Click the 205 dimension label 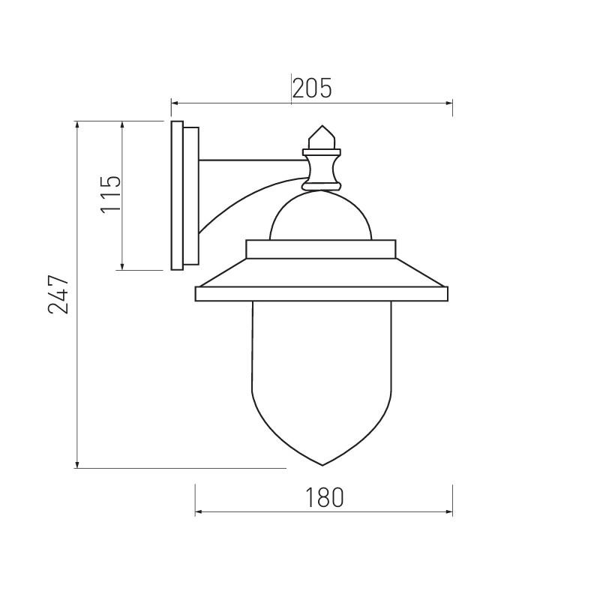(312, 88)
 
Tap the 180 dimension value (324, 497)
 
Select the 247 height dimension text (58, 295)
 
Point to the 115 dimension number (110, 194)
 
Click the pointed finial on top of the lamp (322, 137)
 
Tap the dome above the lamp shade (321, 195)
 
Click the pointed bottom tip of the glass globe (322, 465)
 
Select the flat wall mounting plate (177, 196)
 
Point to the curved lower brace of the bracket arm (245, 199)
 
